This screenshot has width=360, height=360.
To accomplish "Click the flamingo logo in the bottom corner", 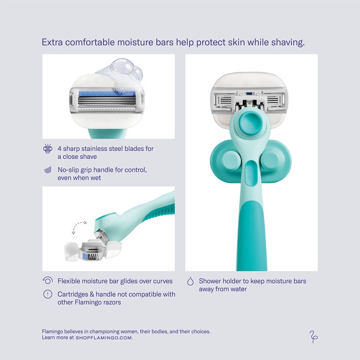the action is (x=313, y=337).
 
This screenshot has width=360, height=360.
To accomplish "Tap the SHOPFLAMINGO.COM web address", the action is (x=104, y=338).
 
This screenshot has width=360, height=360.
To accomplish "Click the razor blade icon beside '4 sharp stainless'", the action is (x=48, y=148).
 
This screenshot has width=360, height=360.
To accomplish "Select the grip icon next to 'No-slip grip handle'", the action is (x=48, y=170).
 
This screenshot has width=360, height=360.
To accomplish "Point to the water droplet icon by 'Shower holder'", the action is (x=190, y=281).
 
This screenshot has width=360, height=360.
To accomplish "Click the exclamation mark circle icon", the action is (x=48, y=294).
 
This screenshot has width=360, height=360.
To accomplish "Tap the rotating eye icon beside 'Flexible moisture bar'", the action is (x=48, y=280).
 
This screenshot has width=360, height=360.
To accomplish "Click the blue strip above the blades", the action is (x=107, y=94).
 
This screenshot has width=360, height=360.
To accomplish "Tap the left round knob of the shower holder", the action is (x=231, y=160).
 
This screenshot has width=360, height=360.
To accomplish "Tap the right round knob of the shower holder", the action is (x=270, y=160).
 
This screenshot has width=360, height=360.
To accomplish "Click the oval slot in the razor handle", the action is (x=251, y=173).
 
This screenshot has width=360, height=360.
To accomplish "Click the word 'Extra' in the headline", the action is (x=52, y=42).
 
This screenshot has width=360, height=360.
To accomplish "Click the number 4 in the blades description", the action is (x=59, y=149).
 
